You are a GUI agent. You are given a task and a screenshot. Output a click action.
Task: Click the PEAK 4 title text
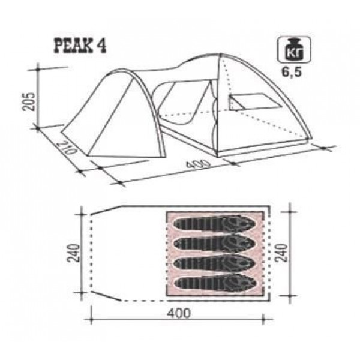[x=80, y=46]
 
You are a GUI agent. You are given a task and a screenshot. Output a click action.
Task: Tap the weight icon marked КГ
[x=294, y=50]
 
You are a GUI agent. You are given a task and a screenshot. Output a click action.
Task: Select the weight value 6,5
[x=292, y=73]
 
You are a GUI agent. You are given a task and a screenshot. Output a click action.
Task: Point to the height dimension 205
[x=29, y=101]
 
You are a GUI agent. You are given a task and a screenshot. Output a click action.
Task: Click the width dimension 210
[x=66, y=148]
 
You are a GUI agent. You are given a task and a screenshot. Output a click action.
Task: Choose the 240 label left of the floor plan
[x=73, y=253]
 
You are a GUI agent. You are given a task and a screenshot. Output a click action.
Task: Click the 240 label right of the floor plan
[x=281, y=253]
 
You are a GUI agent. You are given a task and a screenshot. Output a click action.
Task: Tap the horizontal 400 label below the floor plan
[x=179, y=313]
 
